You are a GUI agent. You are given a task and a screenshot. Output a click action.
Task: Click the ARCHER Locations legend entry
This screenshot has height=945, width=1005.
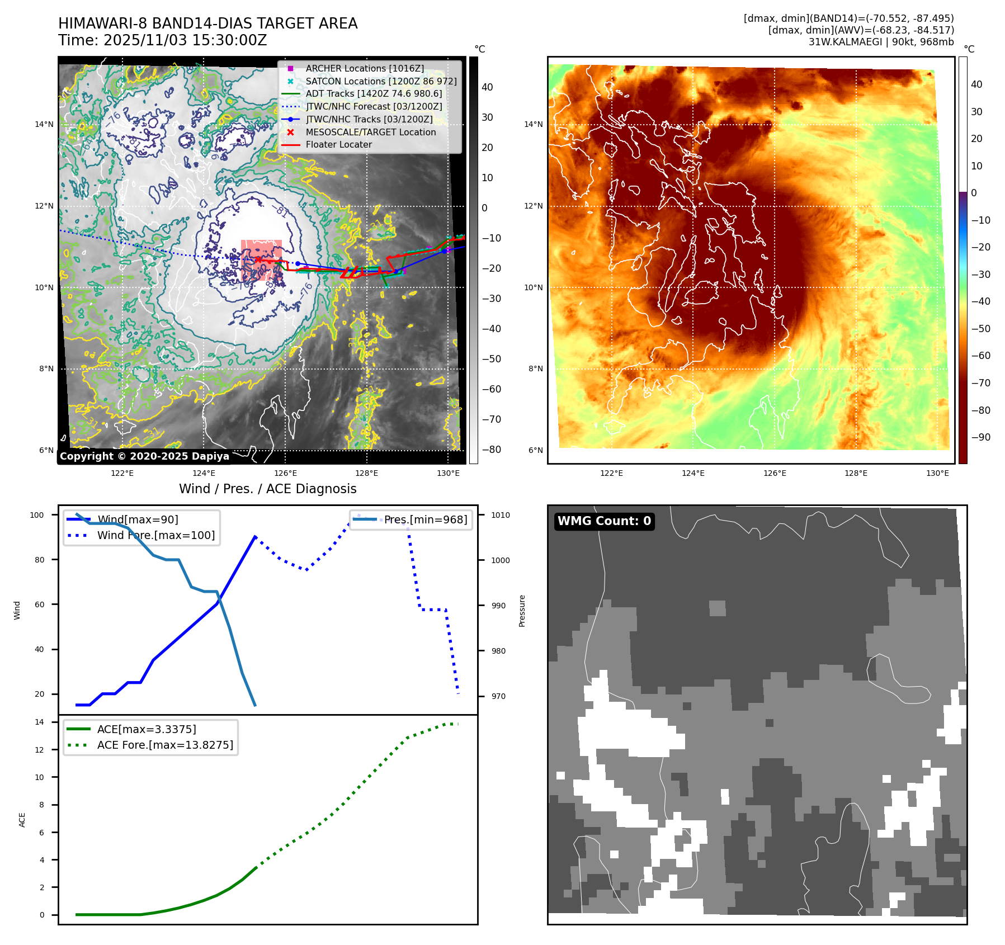[365, 68]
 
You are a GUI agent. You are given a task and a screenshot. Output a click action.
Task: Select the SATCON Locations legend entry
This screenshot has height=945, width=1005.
[381, 81]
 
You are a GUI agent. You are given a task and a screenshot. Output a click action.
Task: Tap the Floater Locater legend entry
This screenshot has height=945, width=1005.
[338, 144]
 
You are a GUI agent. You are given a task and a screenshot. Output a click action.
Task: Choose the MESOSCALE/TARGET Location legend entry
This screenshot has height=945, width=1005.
[370, 132]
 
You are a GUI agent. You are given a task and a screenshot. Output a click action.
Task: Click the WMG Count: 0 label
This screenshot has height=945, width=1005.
[604, 521]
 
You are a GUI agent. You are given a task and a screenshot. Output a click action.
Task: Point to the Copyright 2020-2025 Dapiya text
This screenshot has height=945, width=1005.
[144, 456]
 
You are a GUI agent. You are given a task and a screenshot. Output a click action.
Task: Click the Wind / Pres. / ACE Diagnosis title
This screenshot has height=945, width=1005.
[267, 489]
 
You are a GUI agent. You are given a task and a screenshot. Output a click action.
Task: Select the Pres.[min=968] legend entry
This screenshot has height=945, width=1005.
[425, 519]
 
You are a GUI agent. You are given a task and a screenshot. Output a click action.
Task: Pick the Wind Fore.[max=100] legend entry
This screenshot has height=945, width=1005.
[155, 535]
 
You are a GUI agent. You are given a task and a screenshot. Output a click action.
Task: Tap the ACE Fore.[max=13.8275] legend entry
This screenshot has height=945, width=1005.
[165, 745]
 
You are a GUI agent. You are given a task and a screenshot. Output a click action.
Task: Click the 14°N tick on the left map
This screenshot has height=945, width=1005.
[44, 124]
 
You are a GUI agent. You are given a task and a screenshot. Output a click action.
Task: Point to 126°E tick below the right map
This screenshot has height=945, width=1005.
[775, 473]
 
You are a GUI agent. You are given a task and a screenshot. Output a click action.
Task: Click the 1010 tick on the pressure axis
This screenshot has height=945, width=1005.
[501, 515]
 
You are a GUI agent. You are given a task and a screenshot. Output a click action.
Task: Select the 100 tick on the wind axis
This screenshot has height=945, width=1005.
[37, 515]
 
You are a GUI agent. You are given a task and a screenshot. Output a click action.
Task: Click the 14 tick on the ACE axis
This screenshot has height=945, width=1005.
[39, 722]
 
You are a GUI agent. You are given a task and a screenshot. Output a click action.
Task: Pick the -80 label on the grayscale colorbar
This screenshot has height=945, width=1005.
[491, 450]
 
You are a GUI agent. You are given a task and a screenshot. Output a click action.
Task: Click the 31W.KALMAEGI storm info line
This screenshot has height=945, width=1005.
[881, 42]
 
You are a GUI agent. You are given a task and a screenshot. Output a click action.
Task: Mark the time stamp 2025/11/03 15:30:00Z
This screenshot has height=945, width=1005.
[185, 41]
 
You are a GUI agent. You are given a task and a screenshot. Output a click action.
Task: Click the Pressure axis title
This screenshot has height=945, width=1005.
[522, 611]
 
